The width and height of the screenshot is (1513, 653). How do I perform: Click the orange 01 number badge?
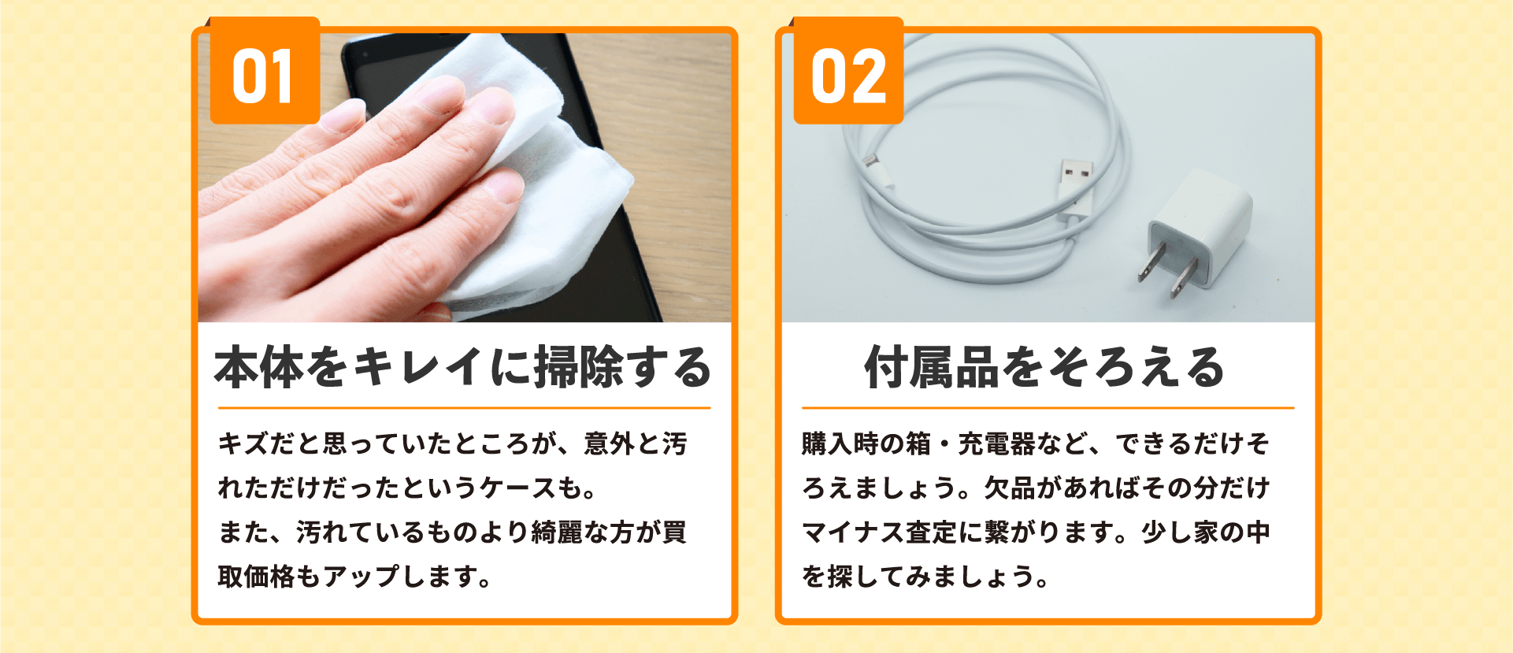pyautogui.click(x=265, y=71)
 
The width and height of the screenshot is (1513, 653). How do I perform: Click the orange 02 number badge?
pyautogui.click(x=848, y=71)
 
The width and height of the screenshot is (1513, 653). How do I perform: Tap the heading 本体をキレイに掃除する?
pyautogui.click(x=463, y=367)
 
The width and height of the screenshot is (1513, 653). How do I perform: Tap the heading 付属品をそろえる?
pyautogui.click(x=1045, y=367)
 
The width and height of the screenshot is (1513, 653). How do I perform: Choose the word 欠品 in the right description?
pyautogui.click(x=1010, y=488)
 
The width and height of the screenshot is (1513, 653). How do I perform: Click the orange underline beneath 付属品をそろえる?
pyautogui.click(x=1048, y=408)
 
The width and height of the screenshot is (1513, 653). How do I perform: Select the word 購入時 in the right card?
pyautogui.click(x=840, y=444)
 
